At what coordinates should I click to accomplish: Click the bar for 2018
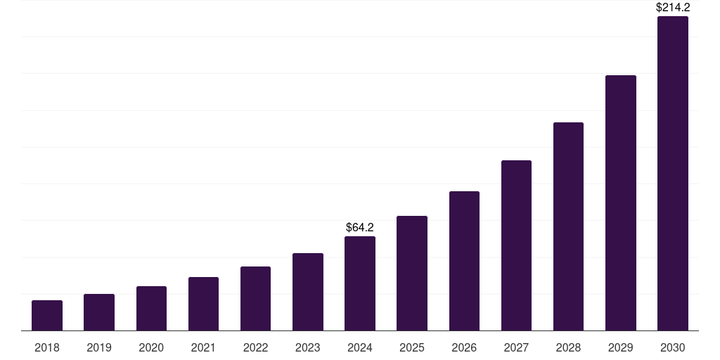tap(47, 315)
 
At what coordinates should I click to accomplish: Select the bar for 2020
tap(151, 308)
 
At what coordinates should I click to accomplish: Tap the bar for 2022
tap(255, 298)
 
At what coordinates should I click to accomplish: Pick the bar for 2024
tap(360, 283)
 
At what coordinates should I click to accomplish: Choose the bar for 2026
tap(464, 261)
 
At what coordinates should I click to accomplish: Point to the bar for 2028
tap(568, 226)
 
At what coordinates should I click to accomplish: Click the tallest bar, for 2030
tap(673, 173)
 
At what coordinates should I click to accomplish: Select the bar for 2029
tap(621, 202)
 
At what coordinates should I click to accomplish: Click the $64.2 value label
tap(360, 227)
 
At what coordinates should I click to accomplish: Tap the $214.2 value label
tap(673, 8)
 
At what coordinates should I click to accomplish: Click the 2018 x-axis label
tap(47, 347)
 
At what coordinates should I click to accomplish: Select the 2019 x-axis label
tap(99, 347)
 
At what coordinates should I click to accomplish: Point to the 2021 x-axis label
tap(203, 347)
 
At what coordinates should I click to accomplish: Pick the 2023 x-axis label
tap(308, 347)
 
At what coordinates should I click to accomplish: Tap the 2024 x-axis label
tap(360, 347)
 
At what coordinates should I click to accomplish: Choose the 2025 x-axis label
tap(412, 347)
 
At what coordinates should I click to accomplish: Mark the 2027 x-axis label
tap(516, 347)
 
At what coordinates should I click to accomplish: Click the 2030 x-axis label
tap(673, 347)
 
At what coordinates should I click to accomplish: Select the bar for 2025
tap(412, 273)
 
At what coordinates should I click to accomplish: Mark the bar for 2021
tap(203, 304)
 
